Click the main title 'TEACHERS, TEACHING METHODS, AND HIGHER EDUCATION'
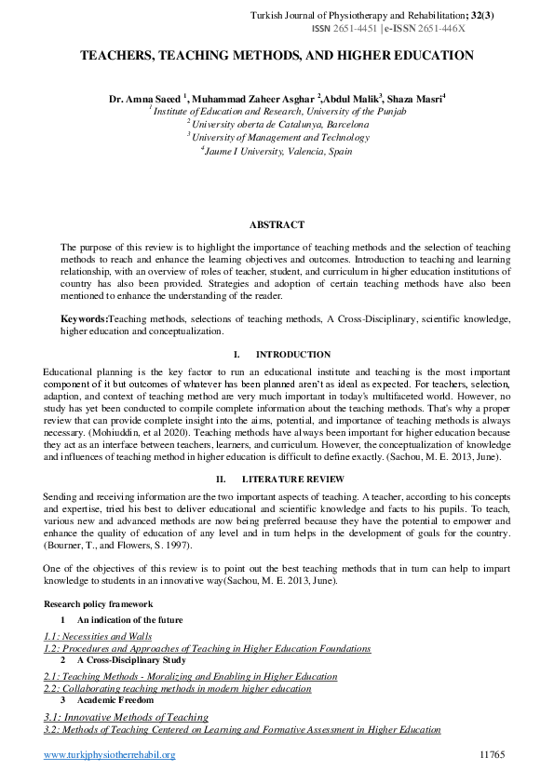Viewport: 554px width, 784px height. (277, 56)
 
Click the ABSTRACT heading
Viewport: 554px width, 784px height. (277, 224)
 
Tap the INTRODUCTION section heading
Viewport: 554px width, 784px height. (292, 355)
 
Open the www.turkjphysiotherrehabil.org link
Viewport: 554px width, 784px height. (110, 754)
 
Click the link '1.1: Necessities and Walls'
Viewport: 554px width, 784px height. (98, 636)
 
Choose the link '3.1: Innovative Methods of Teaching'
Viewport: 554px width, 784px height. (126, 717)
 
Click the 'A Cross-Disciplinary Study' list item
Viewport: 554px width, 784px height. (131, 660)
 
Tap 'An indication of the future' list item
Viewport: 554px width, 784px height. (129, 619)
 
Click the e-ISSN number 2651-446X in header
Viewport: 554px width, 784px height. (443, 29)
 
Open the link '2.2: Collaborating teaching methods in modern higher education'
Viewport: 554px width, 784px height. (177, 689)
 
